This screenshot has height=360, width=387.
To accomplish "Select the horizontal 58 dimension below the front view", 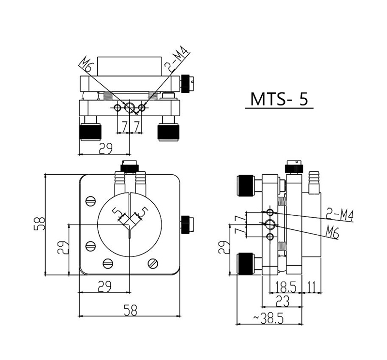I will (x=129, y=311).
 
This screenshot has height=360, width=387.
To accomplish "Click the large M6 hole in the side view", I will (x=270, y=224).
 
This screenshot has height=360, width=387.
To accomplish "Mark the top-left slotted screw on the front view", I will (x=90, y=200).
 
